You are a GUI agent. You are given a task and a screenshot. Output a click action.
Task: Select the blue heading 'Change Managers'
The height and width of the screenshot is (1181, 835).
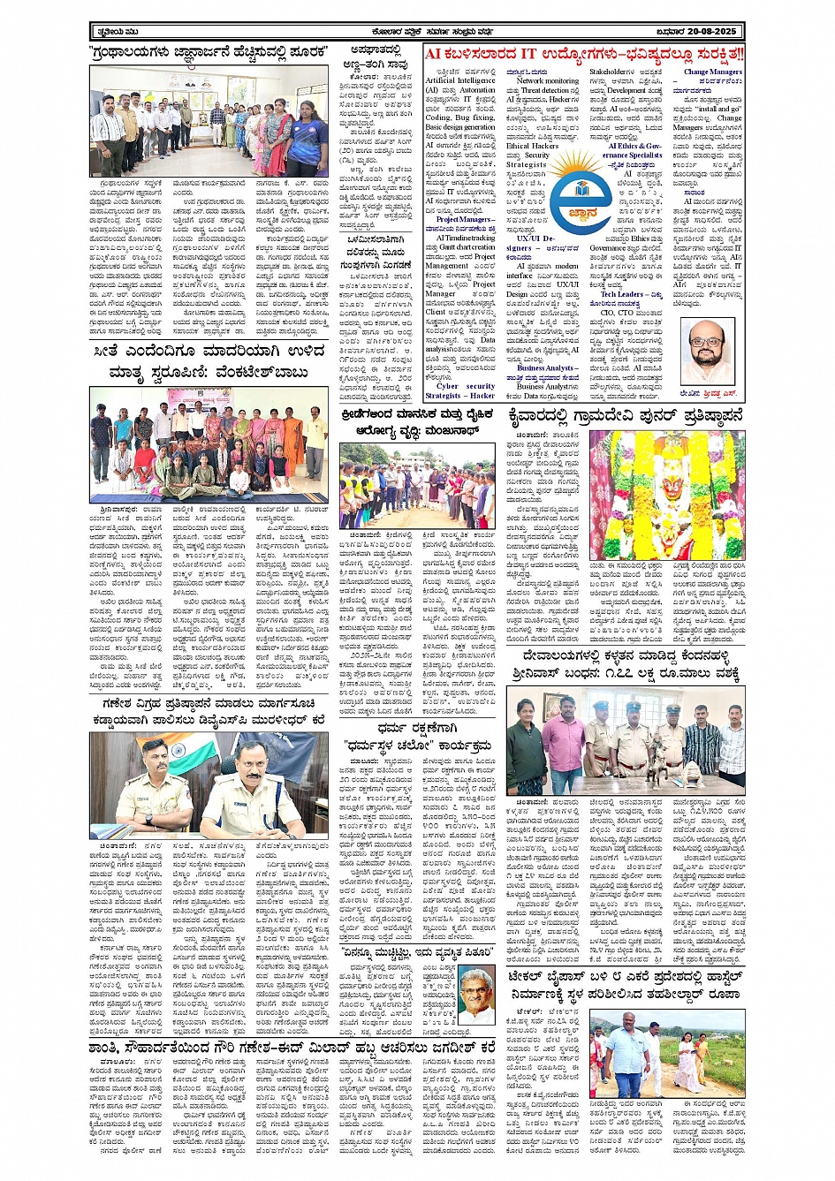tap(712, 72)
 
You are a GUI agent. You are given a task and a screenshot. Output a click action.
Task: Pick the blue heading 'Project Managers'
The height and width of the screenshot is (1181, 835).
tap(459, 219)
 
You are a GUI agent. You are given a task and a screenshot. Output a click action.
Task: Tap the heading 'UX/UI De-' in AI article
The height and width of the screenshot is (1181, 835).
tap(535, 238)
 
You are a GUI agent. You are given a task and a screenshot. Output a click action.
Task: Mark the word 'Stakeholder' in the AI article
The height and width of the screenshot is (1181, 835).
tap(611, 72)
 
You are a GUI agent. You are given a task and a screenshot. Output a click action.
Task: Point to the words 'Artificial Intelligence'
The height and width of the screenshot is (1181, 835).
tap(459, 80)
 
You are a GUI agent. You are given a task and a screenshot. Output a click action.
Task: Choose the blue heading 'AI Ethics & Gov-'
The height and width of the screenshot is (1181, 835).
tap(634, 146)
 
